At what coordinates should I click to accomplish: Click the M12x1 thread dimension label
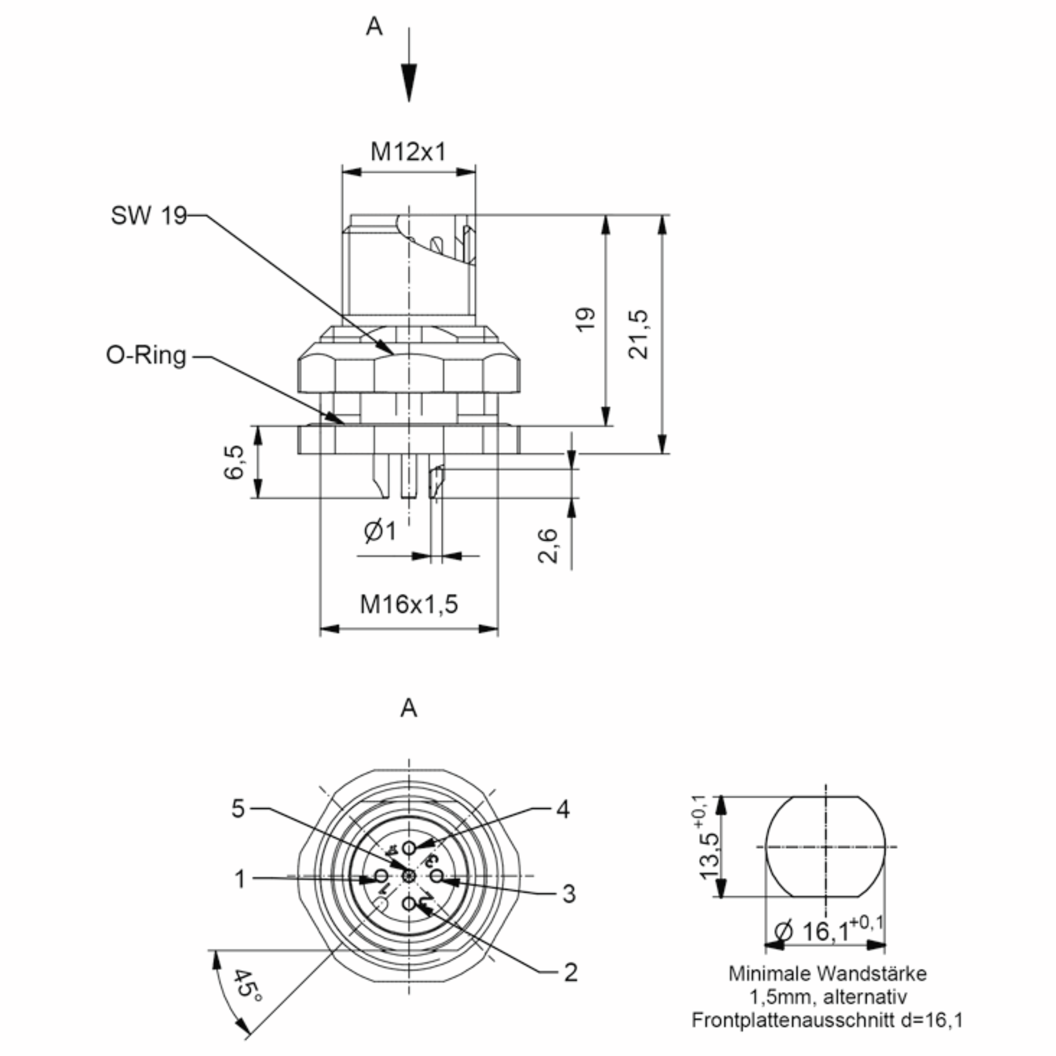click(408, 151)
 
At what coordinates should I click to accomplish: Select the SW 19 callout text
click(149, 215)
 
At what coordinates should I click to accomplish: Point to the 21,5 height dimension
click(638, 334)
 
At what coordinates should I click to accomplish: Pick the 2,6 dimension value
click(548, 545)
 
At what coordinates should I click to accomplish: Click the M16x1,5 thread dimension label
click(408, 604)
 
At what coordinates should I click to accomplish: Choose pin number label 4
click(563, 810)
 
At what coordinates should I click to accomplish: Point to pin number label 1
click(240, 880)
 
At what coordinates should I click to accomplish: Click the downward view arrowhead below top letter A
click(409, 82)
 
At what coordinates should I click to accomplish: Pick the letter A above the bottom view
click(409, 708)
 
